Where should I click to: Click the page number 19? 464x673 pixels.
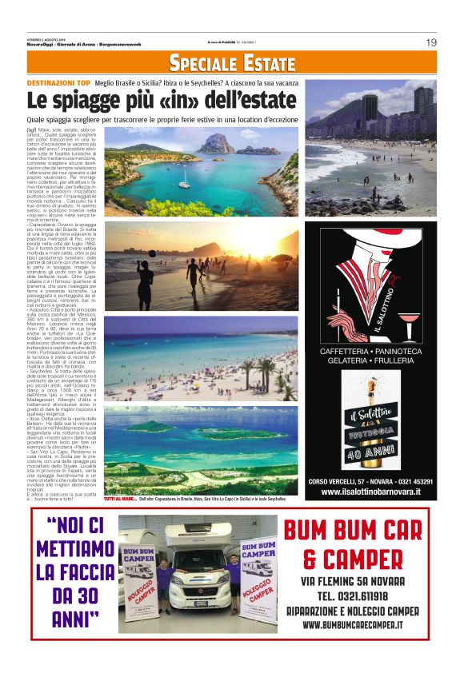[x=430, y=42]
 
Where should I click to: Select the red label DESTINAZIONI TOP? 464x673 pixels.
[x=58, y=83]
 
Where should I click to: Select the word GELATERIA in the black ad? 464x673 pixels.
[x=348, y=362]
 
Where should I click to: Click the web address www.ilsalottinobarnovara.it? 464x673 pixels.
[x=370, y=492]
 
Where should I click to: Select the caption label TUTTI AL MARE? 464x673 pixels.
[x=121, y=498]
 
